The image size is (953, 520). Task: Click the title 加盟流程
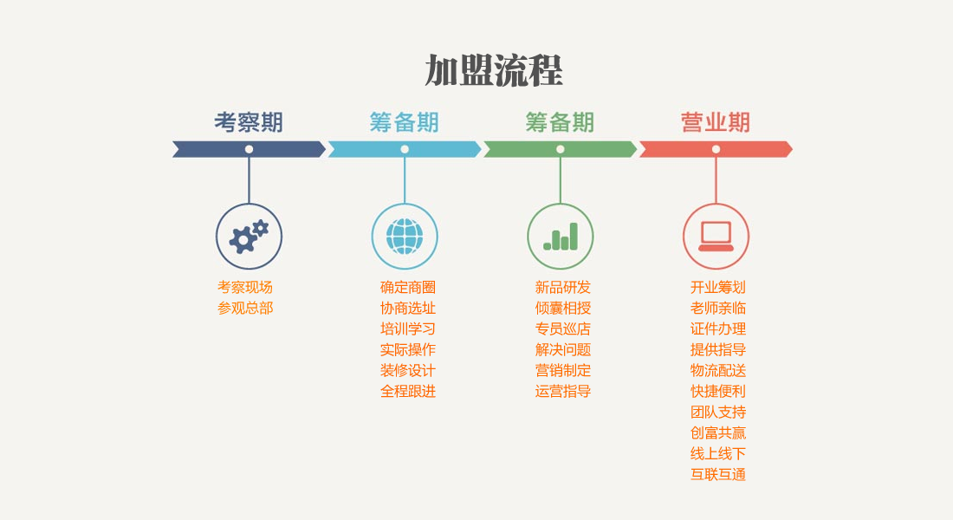pos(494,70)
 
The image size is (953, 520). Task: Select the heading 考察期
pos(249,122)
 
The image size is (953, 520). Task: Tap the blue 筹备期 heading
pos(405,122)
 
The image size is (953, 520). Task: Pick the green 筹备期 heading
pos(560,122)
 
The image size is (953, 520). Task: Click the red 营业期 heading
pos(716,122)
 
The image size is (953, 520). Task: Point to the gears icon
pos(249,236)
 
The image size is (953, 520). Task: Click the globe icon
pos(405,236)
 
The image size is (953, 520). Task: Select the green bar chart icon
pos(561,237)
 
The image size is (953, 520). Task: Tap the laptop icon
pos(716,236)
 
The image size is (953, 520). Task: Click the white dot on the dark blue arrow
pos(250,149)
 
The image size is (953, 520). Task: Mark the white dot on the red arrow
pos(716,149)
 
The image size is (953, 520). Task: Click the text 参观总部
pos(245,309)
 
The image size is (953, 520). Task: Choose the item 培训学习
pos(408,329)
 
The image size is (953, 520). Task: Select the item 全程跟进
pos(408,391)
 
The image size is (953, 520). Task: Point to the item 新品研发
pos(563,287)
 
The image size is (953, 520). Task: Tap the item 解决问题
pos(563,350)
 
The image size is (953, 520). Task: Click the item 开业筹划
pos(718,287)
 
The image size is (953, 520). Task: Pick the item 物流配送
pos(718,370)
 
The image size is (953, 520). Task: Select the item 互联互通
pos(718,474)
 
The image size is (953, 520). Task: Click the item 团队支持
pos(718,412)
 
